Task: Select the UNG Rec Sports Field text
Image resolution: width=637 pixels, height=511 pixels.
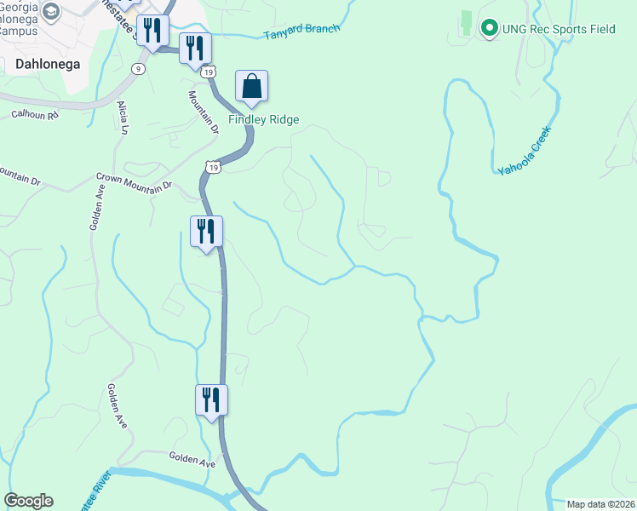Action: click(x=559, y=29)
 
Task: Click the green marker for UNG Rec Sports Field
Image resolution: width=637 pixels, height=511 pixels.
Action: click(x=489, y=29)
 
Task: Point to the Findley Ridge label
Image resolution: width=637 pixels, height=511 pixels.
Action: click(x=263, y=119)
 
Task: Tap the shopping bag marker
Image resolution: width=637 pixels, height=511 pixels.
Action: click(x=251, y=87)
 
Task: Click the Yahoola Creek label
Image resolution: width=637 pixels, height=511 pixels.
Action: click(x=525, y=151)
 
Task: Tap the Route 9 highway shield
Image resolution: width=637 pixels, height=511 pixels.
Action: click(x=138, y=68)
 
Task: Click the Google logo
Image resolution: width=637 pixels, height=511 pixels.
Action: click(x=28, y=501)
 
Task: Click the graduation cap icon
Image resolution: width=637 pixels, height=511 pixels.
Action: click(x=51, y=11)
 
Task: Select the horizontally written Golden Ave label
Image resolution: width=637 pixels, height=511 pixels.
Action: click(x=192, y=459)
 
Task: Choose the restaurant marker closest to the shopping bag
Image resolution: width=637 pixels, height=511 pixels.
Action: click(x=195, y=48)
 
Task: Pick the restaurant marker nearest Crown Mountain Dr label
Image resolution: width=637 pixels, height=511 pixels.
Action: click(x=206, y=231)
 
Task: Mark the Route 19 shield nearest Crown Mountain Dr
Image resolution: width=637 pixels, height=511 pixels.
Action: click(x=215, y=168)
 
